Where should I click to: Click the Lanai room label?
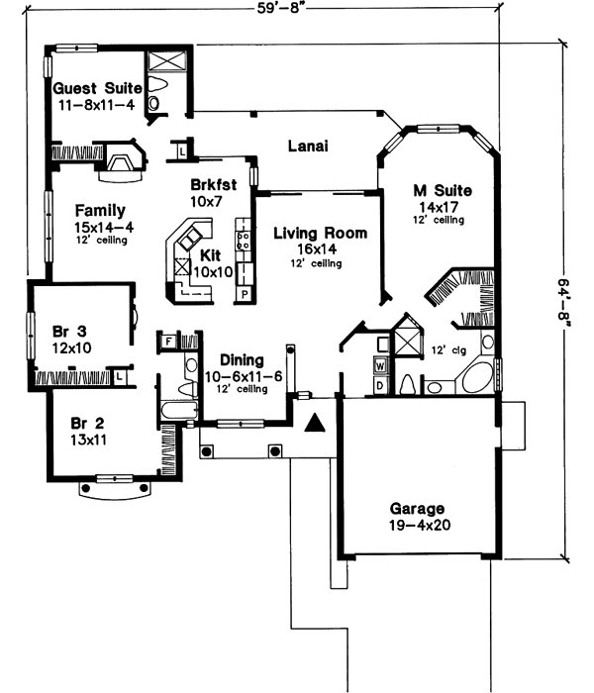point(308,146)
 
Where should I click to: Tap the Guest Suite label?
point(97,88)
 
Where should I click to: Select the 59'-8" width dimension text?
point(281,8)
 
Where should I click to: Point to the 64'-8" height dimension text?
point(563,302)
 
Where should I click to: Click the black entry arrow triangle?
point(315,423)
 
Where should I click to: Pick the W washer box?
point(380,365)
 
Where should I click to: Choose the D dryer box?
point(380,386)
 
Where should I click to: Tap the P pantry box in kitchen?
point(245,294)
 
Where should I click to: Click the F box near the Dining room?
point(168,342)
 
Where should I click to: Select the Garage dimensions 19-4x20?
point(420,525)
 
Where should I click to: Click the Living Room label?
point(320,233)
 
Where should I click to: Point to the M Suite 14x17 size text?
point(439,207)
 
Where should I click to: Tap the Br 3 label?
point(69,332)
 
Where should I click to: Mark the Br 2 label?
point(87,424)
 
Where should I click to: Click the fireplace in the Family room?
point(123,161)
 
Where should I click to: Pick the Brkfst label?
point(214,184)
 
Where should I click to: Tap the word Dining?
point(242,360)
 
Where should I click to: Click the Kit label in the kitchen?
point(210,255)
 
